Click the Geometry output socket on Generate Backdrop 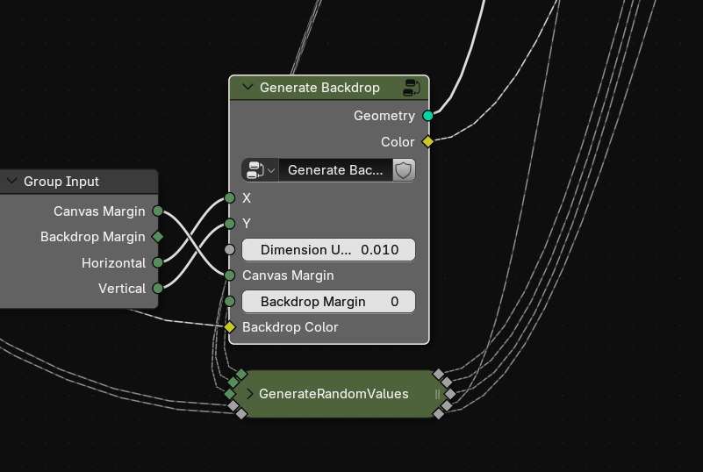coord(427,116)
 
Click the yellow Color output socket coord(427,141)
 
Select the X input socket coord(230,197)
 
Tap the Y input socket coord(230,223)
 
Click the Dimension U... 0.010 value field coord(328,250)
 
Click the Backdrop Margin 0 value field coord(328,302)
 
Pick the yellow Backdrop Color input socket coord(230,327)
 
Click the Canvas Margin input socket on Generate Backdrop coord(230,275)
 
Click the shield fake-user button coord(404,170)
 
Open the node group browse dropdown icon coord(260,170)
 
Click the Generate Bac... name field coord(335,170)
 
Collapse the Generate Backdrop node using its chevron coord(247,87)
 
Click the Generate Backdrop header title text coord(319,88)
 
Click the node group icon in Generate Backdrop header coord(411,88)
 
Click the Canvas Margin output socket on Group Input coord(158,211)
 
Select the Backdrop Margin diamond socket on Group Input coord(158,237)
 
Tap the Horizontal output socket coord(158,262)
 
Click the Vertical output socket coord(158,289)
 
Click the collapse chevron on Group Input coord(12,181)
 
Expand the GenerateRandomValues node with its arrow coord(250,394)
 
